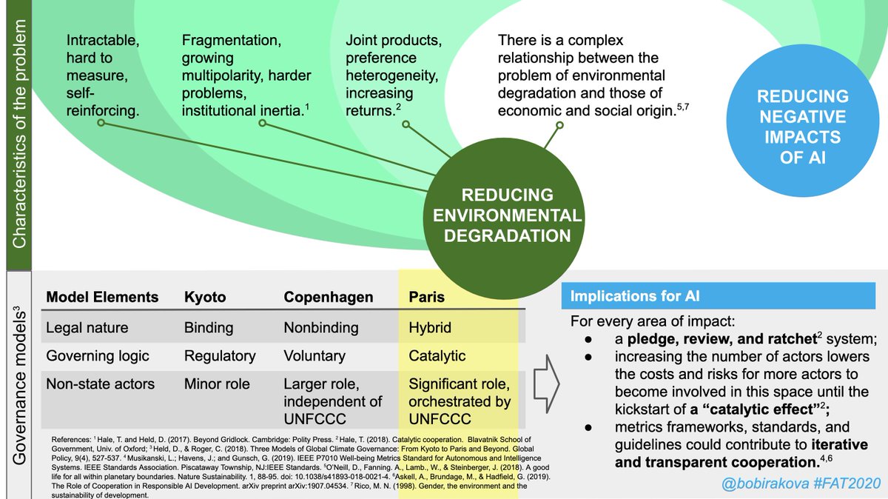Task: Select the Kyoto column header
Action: point(205,297)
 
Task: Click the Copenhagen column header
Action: point(328,297)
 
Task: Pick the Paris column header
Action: point(428,297)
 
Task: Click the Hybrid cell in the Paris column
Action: point(430,327)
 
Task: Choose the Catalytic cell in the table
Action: point(437,355)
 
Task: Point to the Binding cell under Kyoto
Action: point(209,327)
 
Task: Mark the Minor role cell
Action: point(217,384)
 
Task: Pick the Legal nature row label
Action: point(87,327)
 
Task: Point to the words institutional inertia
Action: point(241,111)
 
